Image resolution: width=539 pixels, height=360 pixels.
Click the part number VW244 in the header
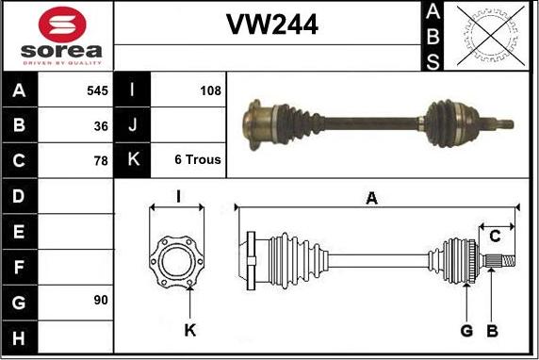click(x=271, y=25)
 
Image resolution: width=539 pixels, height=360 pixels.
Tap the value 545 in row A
click(x=97, y=91)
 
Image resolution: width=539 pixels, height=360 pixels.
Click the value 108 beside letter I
click(x=210, y=91)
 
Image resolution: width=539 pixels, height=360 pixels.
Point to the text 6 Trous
click(x=198, y=160)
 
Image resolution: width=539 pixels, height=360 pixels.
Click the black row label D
click(x=19, y=195)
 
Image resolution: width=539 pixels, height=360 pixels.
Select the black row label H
click(x=19, y=335)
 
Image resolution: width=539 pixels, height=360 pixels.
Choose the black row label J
click(x=132, y=125)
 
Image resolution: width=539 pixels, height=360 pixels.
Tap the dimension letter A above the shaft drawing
click(x=371, y=198)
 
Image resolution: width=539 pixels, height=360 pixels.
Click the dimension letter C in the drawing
click(x=494, y=237)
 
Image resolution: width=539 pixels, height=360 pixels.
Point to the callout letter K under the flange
click(x=189, y=331)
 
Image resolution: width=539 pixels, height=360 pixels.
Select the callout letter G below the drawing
click(x=465, y=331)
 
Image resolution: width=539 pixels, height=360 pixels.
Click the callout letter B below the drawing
click(x=491, y=331)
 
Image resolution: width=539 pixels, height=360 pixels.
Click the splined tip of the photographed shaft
click(x=506, y=123)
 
